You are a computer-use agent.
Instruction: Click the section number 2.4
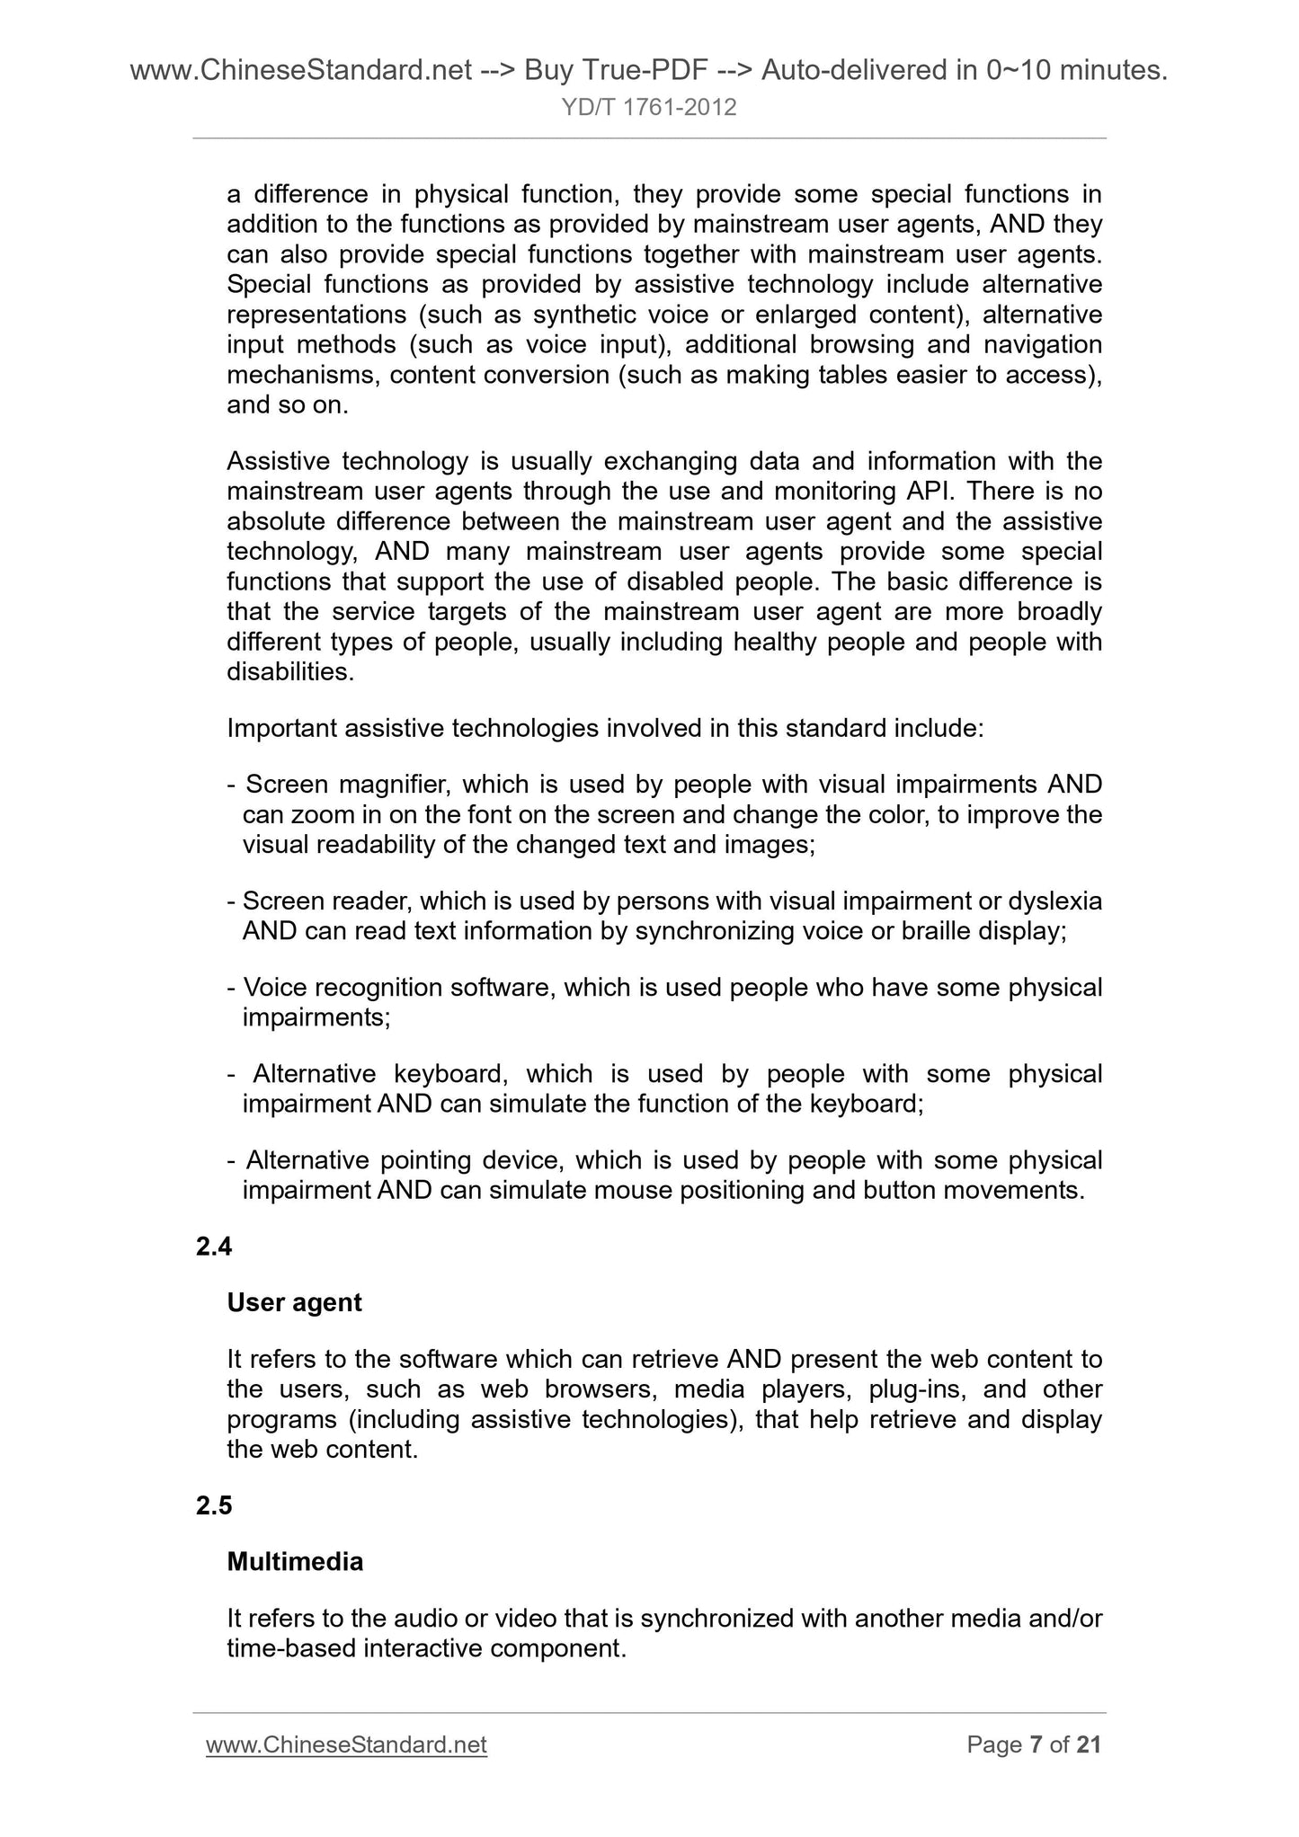point(214,1247)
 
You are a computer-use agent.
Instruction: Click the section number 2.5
point(214,1506)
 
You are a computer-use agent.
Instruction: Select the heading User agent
point(294,1302)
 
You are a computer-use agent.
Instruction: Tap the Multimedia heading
point(295,1562)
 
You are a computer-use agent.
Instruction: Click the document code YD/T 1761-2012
point(649,108)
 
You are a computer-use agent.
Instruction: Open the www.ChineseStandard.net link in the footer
point(346,1744)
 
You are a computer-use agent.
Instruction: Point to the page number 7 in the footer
point(1036,1744)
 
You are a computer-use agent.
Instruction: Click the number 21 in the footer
point(1088,1744)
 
